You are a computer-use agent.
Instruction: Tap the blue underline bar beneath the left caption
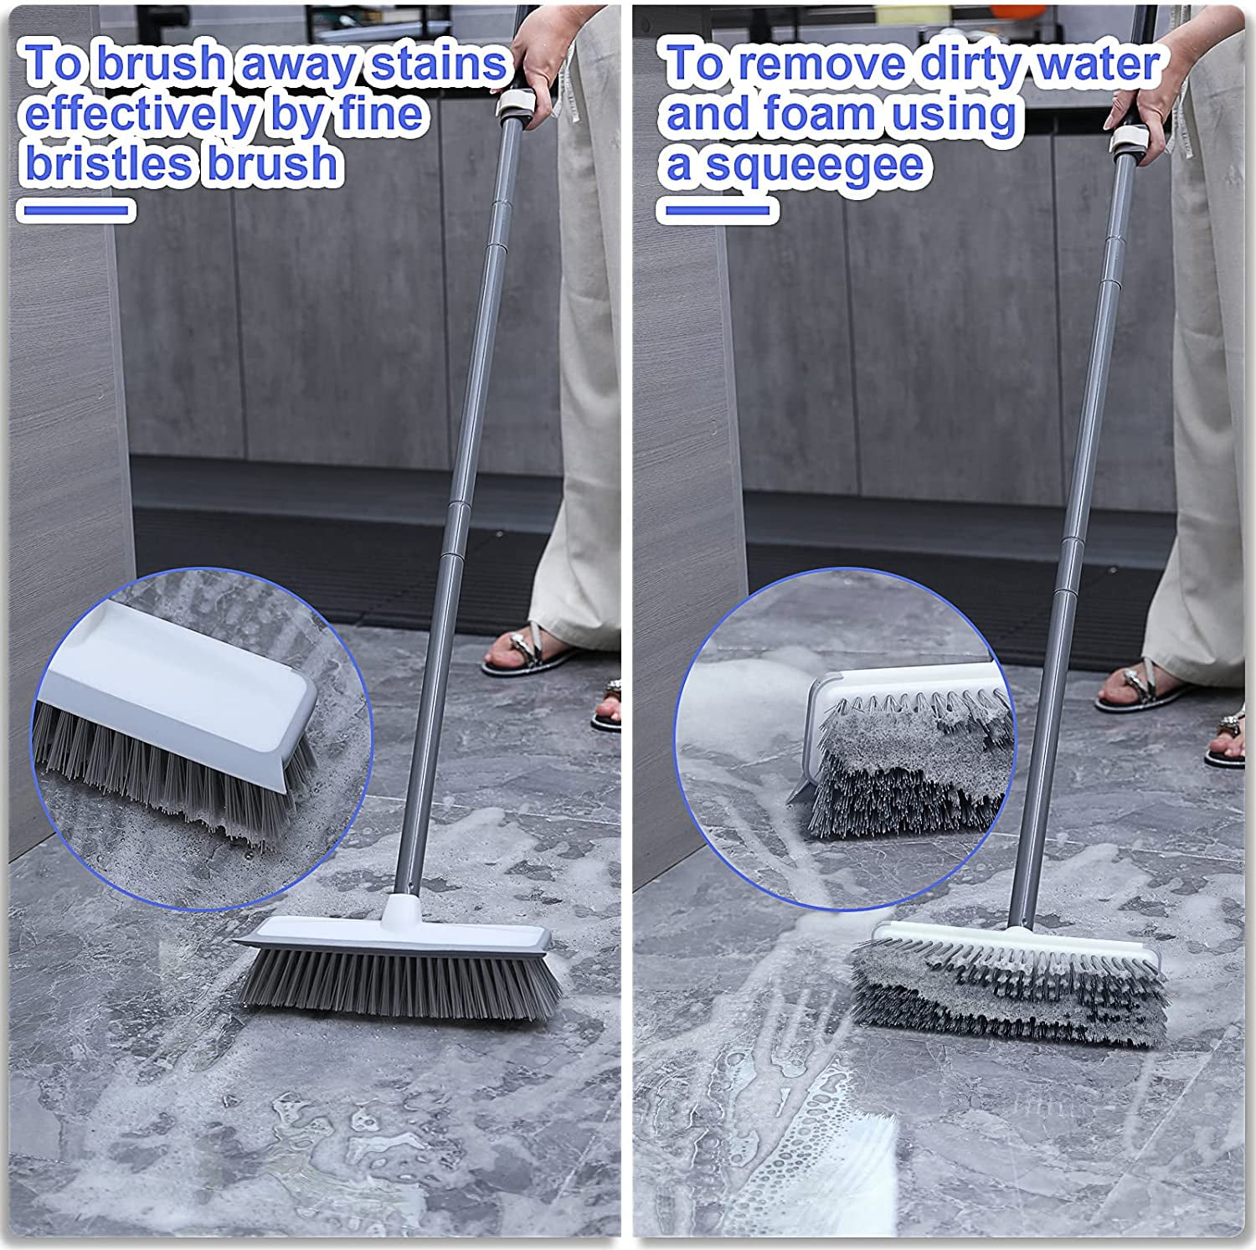pos(77,210)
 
